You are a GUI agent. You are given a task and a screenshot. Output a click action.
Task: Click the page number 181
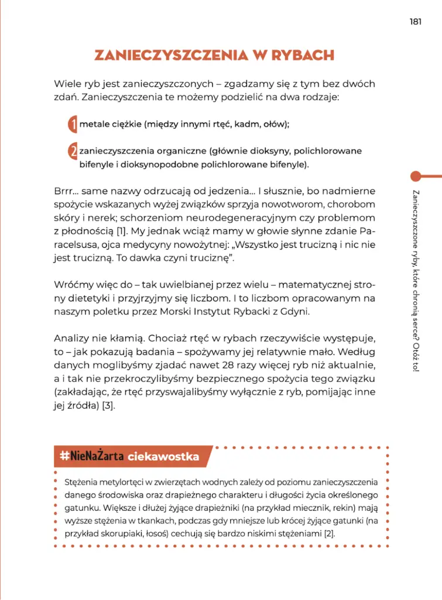pyautogui.click(x=416, y=22)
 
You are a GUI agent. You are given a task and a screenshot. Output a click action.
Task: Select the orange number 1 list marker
pyautogui.click(x=73, y=124)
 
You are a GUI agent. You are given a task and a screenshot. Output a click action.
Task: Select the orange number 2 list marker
pyautogui.click(x=73, y=152)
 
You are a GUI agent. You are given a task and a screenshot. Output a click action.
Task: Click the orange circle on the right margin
pyautogui.click(x=416, y=176)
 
